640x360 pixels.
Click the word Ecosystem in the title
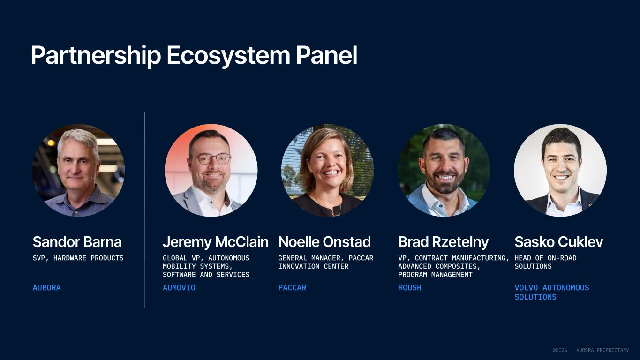pyautogui.click(x=228, y=55)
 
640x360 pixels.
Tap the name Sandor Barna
pyautogui.click(x=77, y=242)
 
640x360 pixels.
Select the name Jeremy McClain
pyautogui.click(x=216, y=242)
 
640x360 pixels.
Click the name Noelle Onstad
pyautogui.click(x=324, y=242)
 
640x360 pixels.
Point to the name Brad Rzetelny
pyautogui.click(x=444, y=242)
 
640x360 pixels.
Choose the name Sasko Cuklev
pyautogui.click(x=559, y=242)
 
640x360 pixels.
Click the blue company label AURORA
pyautogui.click(x=46, y=288)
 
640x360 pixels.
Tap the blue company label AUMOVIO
pyautogui.click(x=179, y=288)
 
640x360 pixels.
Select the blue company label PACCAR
pyautogui.click(x=292, y=288)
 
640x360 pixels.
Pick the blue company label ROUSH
pyautogui.click(x=410, y=288)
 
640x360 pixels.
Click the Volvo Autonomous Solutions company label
pyautogui.click(x=552, y=292)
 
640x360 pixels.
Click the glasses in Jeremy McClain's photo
pyautogui.click(x=210, y=158)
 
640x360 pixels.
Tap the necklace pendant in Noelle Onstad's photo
pyautogui.click(x=332, y=213)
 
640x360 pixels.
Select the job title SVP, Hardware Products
pyautogui.click(x=78, y=258)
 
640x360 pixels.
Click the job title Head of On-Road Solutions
pyautogui.click(x=546, y=262)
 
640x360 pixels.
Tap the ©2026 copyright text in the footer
pyautogui.click(x=560, y=350)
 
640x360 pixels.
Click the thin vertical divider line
pyautogui.click(x=145, y=210)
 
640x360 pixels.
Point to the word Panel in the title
pyautogui.click(x=327, y=55)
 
